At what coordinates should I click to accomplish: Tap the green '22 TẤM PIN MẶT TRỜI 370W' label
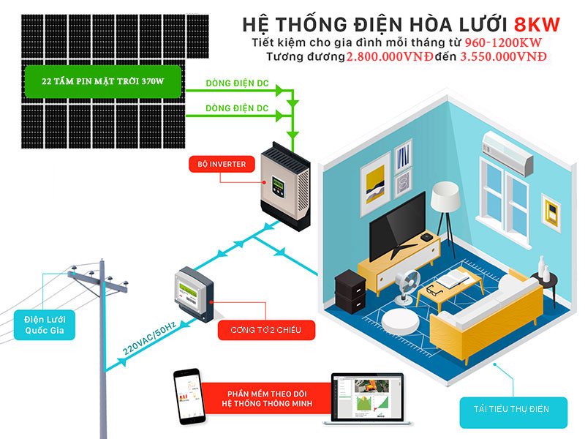102,80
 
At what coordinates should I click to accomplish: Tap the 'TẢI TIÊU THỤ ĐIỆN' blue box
515,408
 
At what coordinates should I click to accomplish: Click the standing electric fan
405,285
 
